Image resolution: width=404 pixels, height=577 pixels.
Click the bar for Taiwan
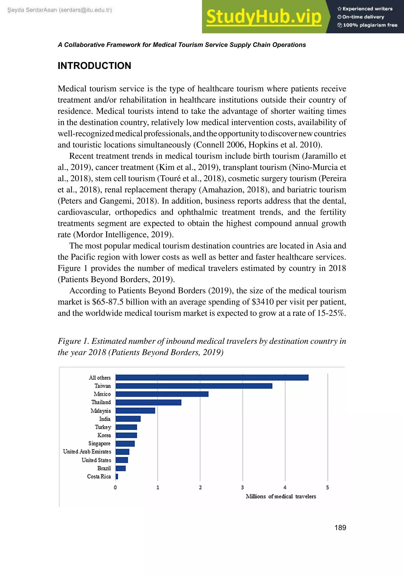click(x=194, y=386)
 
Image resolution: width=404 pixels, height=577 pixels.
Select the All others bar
click(x=212, y=377)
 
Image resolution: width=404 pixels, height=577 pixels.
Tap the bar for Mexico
click(x=162, y=394)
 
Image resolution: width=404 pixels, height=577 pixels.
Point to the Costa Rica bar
click(x=117, y=476)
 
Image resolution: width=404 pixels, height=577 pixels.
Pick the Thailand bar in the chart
click(x=148, y=402)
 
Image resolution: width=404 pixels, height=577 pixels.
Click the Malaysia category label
click(x=101, y=411)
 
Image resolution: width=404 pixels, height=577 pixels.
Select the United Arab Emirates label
click(x=87, y=452)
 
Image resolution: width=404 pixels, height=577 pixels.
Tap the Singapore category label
click(x=99, y=443)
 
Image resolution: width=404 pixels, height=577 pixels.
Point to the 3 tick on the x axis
click(x=242, y=487)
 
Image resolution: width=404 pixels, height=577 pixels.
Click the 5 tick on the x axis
click(x=327, y=487)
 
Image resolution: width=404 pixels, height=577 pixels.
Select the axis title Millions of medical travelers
click(x=281, y=496)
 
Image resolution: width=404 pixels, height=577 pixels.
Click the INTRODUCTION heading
click(x=94, y=66)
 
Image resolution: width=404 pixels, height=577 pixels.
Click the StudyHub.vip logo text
click(x=264, y=17)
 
